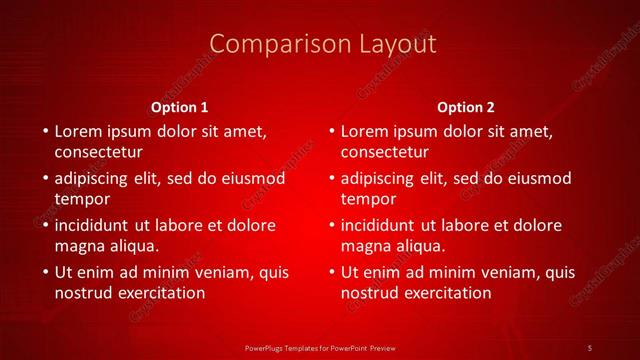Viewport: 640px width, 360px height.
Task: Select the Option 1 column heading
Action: pos(180,107)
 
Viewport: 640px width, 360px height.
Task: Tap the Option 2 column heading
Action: pos(466,107)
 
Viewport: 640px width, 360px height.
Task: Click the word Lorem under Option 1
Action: pos(78,131)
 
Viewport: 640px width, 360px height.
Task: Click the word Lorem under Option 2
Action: pos(364,131)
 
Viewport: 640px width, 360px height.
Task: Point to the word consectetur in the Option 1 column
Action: pos(98,152)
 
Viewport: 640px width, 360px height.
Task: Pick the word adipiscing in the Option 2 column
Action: pos(378,179)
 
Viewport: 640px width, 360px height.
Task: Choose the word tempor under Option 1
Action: pos(79,199)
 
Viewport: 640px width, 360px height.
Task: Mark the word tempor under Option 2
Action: pos(365,199)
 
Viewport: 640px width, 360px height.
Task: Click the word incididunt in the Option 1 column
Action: pos(95,225)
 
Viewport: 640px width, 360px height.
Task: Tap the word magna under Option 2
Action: pos(366,245)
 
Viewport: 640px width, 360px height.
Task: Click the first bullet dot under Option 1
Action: pos(44,132)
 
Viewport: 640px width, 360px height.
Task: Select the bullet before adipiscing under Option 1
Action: pos(44,179)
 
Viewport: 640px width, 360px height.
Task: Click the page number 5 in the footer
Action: pos(590,346)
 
